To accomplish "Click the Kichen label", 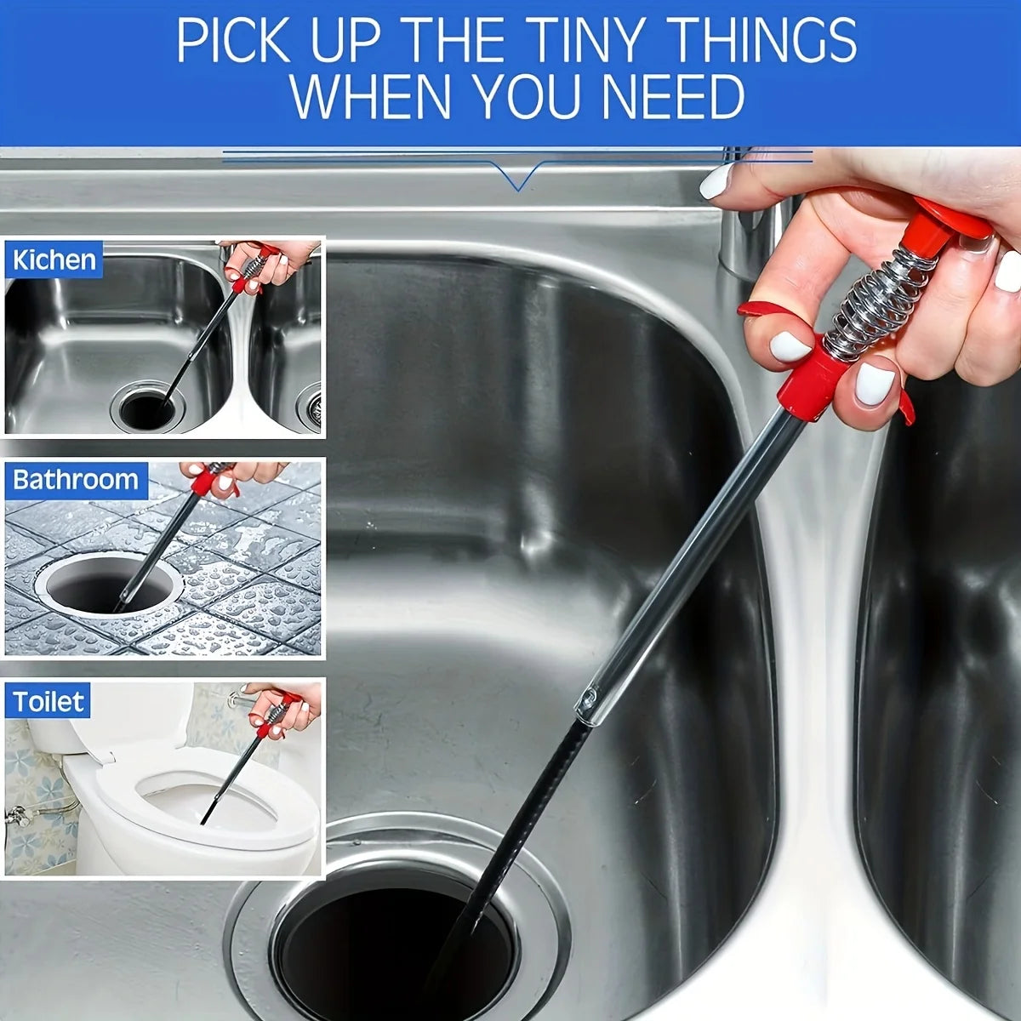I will [54, 260].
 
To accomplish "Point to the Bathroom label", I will [76, 481].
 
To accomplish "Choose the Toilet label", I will [48, 702].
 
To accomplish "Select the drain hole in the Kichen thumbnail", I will [146, 409].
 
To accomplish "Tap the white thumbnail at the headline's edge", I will [717, 181].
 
